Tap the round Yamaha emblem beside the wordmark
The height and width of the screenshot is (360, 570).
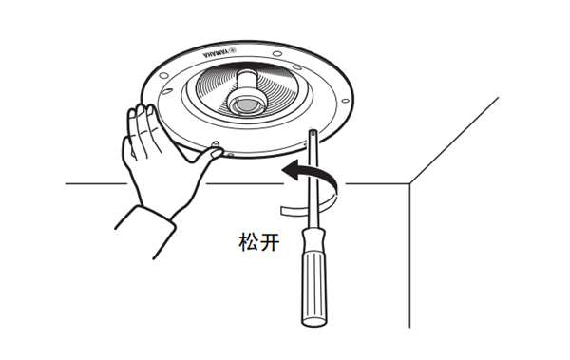(x=233, y=49)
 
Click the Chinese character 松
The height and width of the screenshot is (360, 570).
(x=249, y=242)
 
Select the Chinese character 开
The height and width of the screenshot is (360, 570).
(x=270, y=242)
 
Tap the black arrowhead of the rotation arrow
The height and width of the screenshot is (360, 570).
(x=292, y=170)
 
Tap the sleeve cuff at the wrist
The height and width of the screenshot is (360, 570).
(x=145, y=233)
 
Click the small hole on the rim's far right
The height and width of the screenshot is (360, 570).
(x=346, y=101)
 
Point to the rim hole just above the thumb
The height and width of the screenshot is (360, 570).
(x=216, y=143)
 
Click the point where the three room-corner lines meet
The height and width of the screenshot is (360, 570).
(x=410, y=183)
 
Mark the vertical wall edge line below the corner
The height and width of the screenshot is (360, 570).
(x=410, y=256)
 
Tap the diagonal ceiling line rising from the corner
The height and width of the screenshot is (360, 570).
(x=454, y=141)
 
